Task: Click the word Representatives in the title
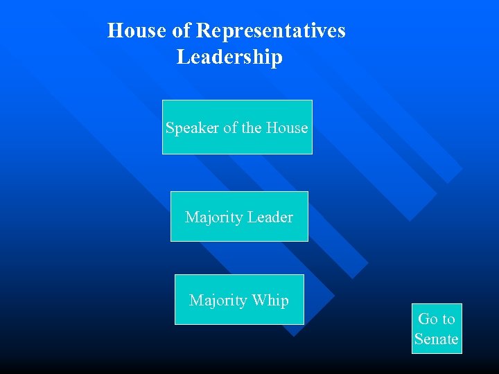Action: (x=270, y=31)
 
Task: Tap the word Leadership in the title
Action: (x=229, y=57)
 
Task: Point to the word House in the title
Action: (x=137, y=31)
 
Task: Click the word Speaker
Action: (x=192, y=128)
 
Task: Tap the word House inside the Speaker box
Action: (x=288, y=128)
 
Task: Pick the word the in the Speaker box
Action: (x=252, y=128)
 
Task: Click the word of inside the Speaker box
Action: (x=230, y=128)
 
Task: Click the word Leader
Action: (x=270, y=217)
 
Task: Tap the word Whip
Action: (x=270, y=301)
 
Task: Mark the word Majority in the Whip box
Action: (x=218, y=301)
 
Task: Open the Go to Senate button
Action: (x=437, y=329)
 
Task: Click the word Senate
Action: (x=437, y=339)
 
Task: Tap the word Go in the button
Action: (x=428, y=319)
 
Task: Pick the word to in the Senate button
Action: (x=448, y=319)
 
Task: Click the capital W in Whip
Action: (x=259, y=301)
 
